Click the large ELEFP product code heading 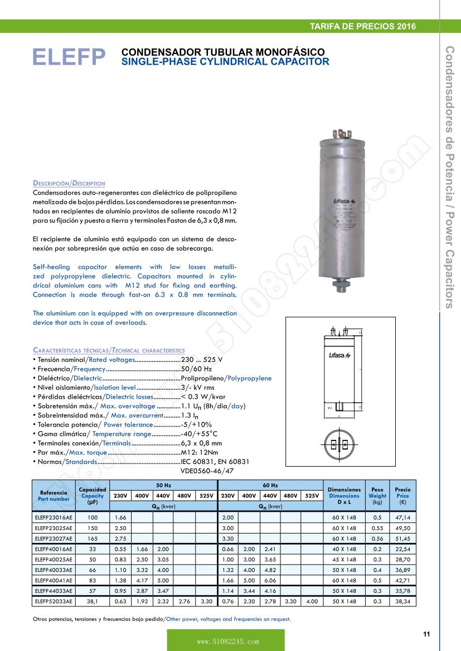pyautogui.click(x=69, y=57)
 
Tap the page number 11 pyautogui.click(x=426, y=634)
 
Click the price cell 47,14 pyautogui.click(x=402, y=517)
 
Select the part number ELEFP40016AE pyautogui.click(x=54, y=549)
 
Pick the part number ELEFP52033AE pyautogui.click(x=54, y=601)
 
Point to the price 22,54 pyautogui.click(x=402, y=549)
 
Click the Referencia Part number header pyautogui.click(x=55, y=496)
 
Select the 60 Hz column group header pyautogui.click(x=270, y=486)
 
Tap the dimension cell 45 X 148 pyautogui.click(x=344, y=559)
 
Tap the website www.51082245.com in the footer pyautogui.click(x=226, y=642)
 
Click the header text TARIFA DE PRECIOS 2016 pyautogui.click(x=362, y=26)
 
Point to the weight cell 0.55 pyautogui.click(x=377, y=528)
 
